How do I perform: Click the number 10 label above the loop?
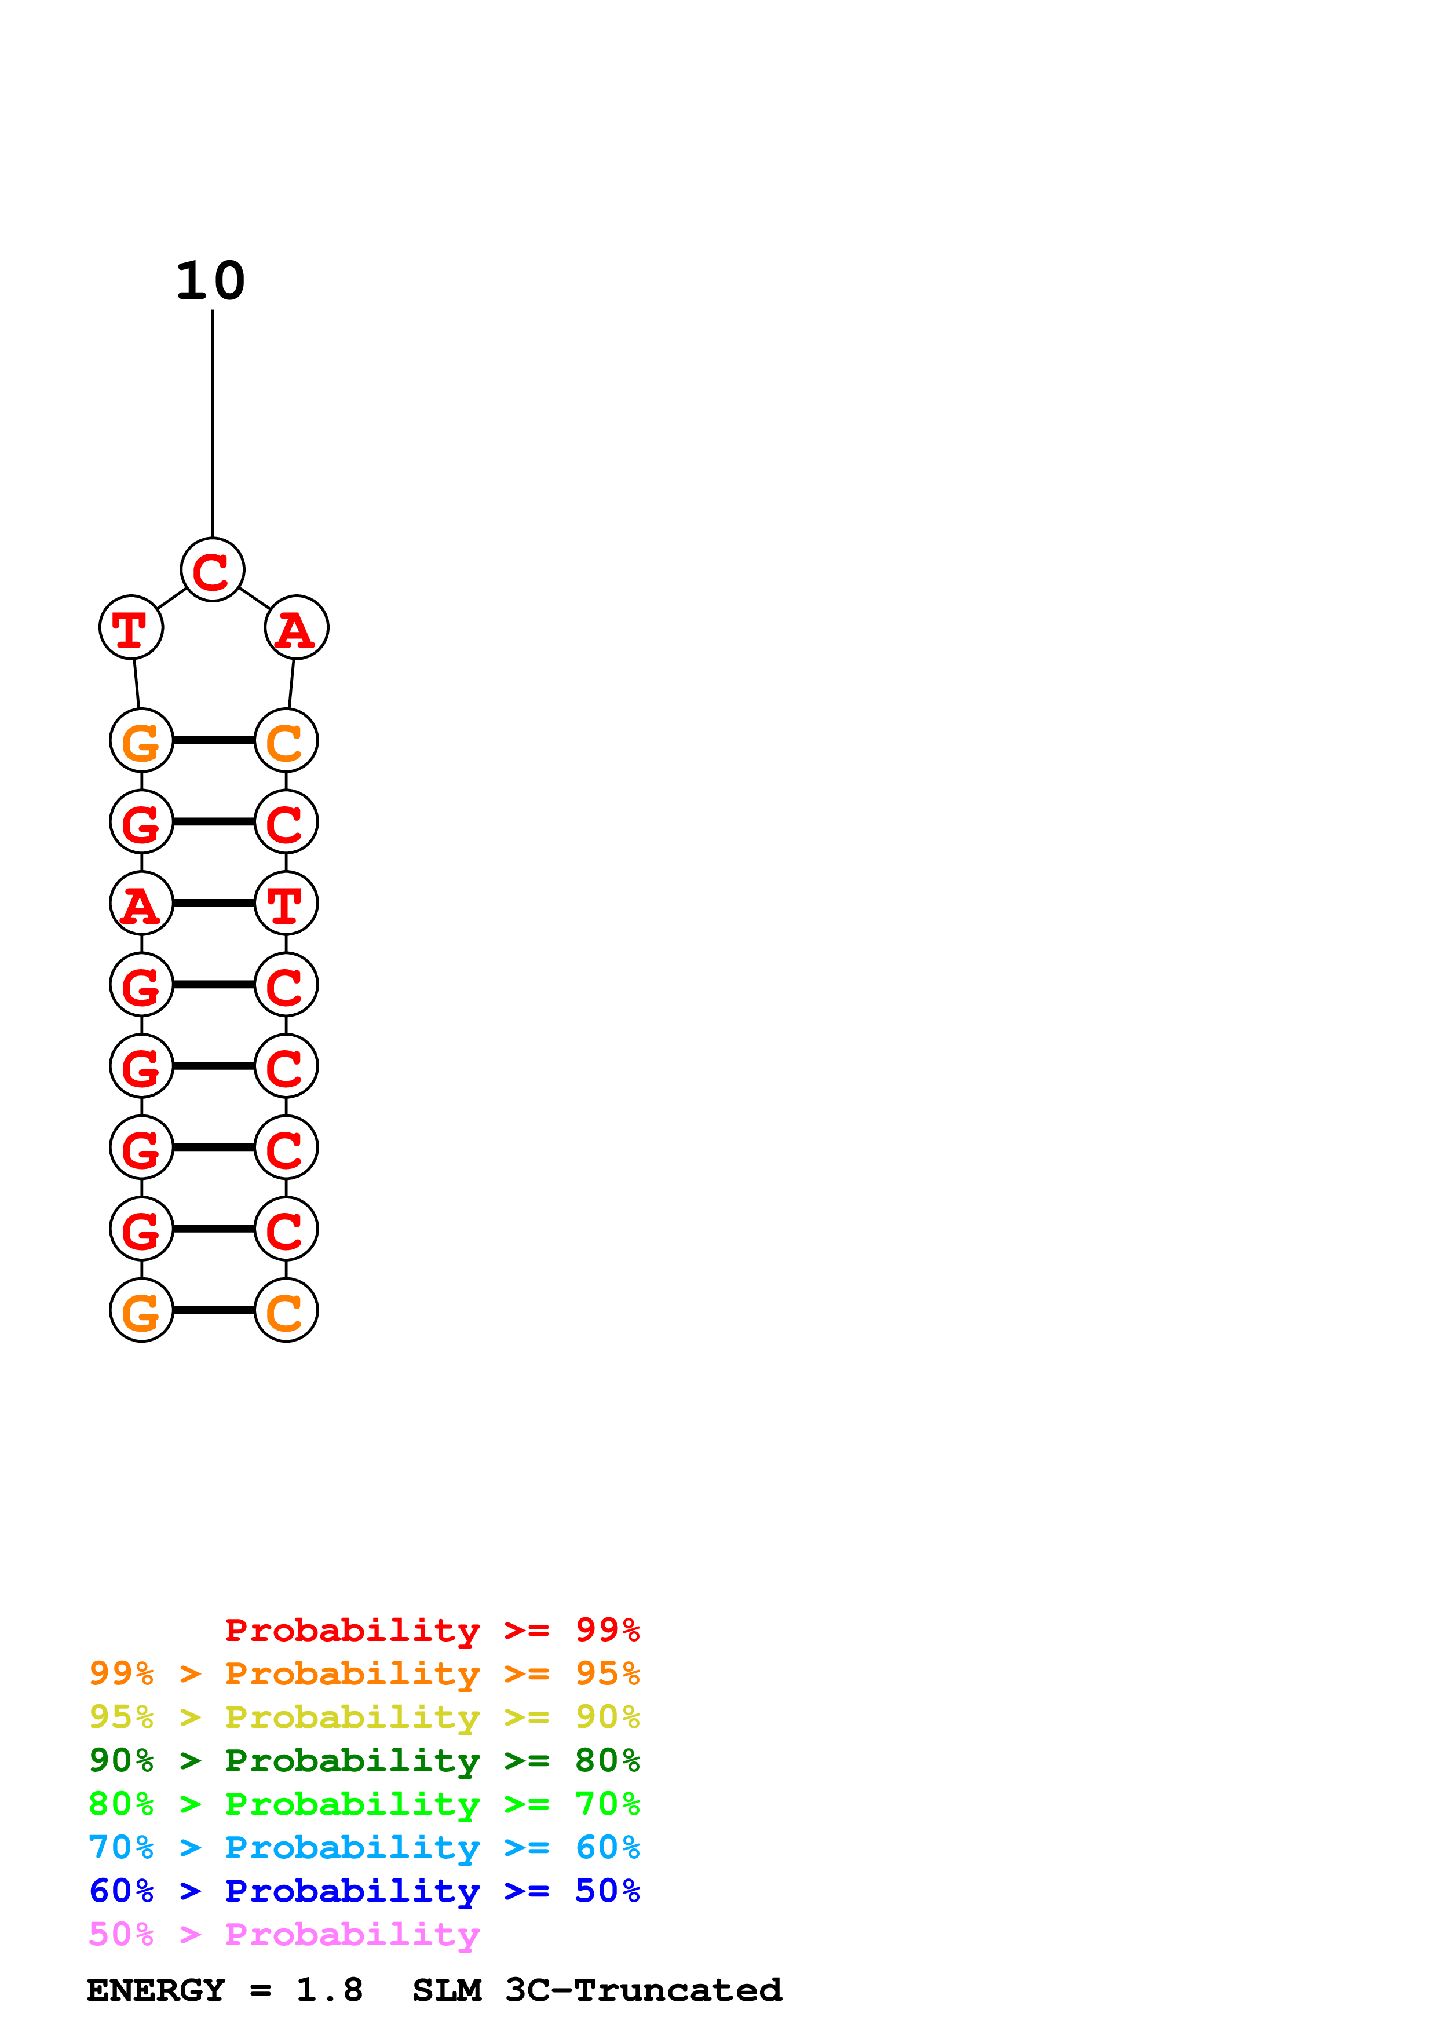tap(211, 282)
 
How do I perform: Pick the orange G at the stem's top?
tap(141, 741)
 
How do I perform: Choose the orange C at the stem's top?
tap(286, 741)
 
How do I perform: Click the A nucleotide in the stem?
tap(141, 904)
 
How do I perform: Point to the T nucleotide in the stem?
tap(286, 904)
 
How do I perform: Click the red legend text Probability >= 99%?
tap(432, 1630)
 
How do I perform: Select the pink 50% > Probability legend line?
tap(284, 1935)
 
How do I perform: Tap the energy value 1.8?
tap(329, 1990)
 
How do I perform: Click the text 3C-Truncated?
tap(643, 1990)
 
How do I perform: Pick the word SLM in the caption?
tap(447, 1990)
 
